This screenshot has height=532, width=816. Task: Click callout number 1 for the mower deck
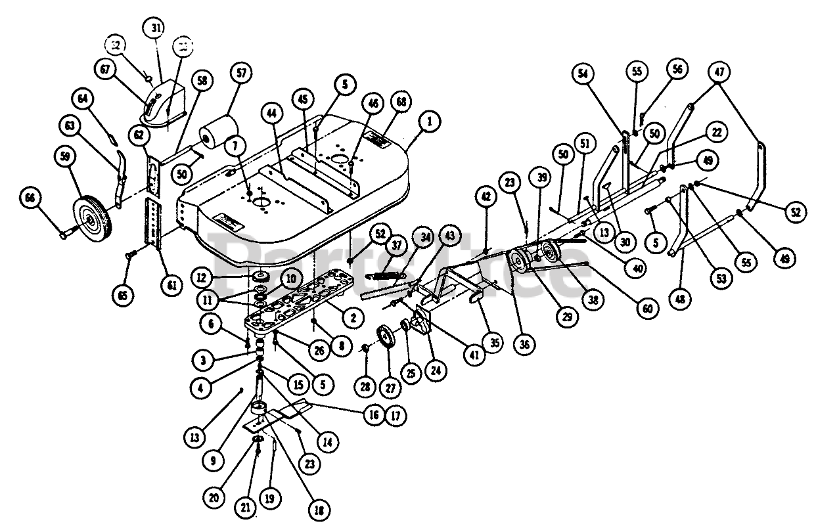click(x=430, y=121)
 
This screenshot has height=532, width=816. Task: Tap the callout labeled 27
click(x=390, y=388)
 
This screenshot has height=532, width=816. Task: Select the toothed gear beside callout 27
click(x=386, y=340)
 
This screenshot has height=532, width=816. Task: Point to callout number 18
click(x=319, y=509)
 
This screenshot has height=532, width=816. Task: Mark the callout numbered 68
click(x=400, y=102)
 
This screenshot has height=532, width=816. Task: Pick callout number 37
click(x=396, y=245)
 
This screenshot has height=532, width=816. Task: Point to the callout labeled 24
click(x=434, y=369)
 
